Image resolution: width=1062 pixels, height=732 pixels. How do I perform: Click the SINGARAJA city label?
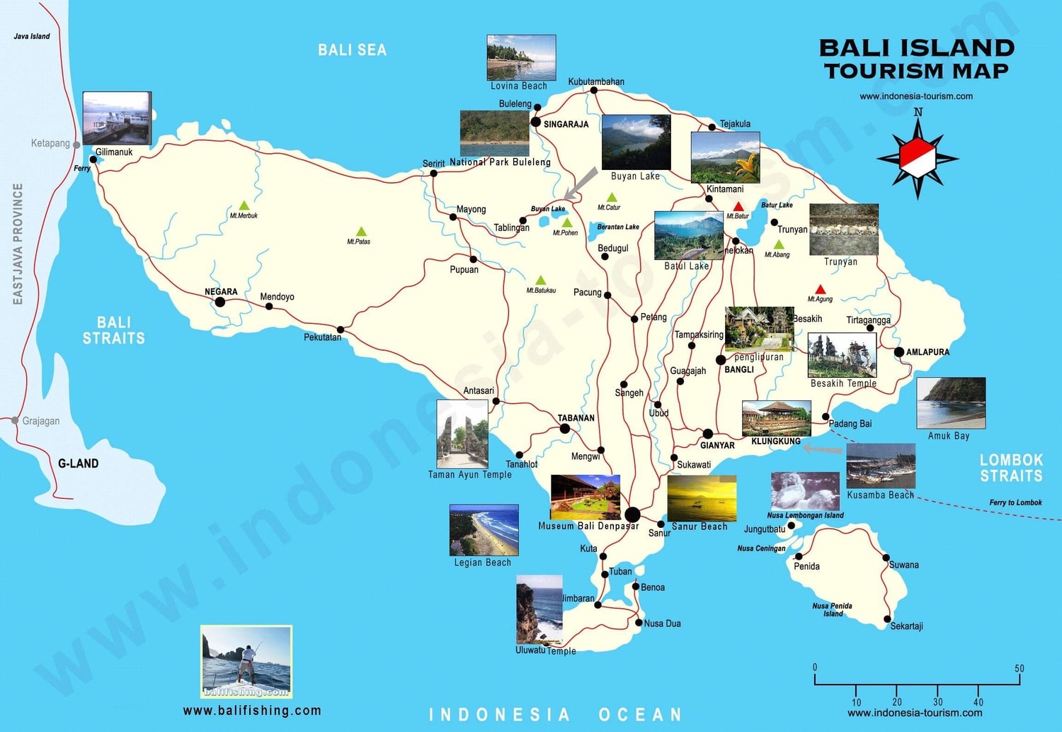coord(566,124)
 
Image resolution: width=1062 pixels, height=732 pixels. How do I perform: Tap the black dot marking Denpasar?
coord(632,514)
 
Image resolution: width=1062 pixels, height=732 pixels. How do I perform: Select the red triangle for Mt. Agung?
coord(820,290)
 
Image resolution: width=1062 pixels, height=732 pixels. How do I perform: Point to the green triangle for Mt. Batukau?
coord(540,281)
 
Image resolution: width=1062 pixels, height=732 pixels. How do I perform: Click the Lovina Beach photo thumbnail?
coord(521,57)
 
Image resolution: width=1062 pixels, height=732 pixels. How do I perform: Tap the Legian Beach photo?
coord(484,530)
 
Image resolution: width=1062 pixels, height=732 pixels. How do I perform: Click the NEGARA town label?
coord(221,291)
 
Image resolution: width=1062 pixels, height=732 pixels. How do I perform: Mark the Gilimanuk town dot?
coord(93,159)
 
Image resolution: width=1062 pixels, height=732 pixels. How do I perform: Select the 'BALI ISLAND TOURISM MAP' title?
coord(917,59)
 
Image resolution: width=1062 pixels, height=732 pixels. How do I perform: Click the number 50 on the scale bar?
coord(1019,668)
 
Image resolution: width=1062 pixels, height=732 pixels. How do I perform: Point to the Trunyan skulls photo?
coord(843,230)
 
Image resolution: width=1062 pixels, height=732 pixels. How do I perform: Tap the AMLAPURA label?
coord(927,352)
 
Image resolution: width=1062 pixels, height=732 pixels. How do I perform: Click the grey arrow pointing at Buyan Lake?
coord(580,184)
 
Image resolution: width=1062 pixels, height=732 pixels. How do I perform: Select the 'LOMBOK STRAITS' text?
coord(1010,468)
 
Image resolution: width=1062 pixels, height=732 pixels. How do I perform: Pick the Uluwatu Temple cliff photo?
coord(539,610)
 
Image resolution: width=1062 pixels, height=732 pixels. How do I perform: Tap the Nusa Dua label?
coord(662,624)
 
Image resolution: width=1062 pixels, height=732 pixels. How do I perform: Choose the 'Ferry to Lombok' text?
coord(1015,502)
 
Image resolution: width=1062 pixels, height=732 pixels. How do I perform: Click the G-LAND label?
coord(78,463)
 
